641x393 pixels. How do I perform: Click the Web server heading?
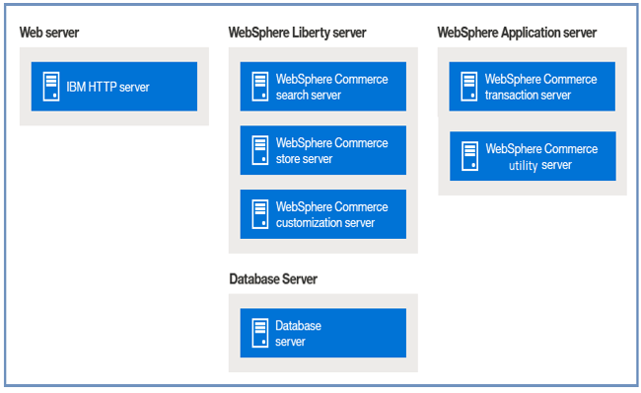tap(49, 33)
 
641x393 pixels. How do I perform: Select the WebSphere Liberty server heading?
tap(297, 33)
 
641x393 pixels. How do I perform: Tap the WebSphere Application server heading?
tap(516, 33)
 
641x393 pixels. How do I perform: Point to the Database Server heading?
tap(273, 279)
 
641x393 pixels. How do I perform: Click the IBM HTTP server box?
tap(113, 87)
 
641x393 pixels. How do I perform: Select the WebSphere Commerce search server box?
tap(322, 87)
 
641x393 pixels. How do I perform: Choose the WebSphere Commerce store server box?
tap(322, 150)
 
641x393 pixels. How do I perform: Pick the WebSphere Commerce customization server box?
tap(322, 214)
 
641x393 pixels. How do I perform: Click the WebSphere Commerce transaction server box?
tap(533, 87)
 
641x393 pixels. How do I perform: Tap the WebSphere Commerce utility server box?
tap(533, 156)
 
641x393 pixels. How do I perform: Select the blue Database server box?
tap(322, 333)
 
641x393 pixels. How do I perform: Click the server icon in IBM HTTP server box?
tap(50, 87)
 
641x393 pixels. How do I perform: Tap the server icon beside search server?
tap(260, 87)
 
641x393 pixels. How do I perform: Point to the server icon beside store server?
tap(260, 150)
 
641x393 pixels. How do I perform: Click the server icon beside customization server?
tap(260, 214)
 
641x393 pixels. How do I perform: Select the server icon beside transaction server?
tap(469, 87)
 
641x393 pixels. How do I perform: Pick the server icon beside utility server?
tap(469, 156)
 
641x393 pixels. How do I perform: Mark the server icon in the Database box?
tap(260, 333)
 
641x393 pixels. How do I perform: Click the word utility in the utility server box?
tap(524, 165)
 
